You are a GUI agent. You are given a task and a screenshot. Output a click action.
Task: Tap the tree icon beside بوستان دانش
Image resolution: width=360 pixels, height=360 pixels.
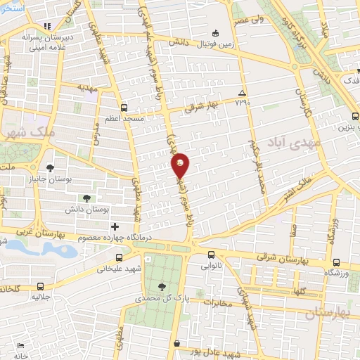tap(87, 199)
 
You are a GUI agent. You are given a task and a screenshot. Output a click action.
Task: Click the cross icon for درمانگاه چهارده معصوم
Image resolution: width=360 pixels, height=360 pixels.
tap(115, 226)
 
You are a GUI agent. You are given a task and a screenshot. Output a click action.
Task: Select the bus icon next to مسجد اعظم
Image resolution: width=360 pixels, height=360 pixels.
tap(124, 108)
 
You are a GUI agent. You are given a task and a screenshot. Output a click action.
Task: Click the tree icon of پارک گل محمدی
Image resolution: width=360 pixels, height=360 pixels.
tap(162, 286)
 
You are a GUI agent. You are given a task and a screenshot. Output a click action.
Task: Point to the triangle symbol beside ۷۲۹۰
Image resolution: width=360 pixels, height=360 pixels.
tap(241, 93)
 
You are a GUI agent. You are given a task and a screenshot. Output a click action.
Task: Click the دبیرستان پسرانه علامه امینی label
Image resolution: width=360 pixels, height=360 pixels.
tap(46, 39)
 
